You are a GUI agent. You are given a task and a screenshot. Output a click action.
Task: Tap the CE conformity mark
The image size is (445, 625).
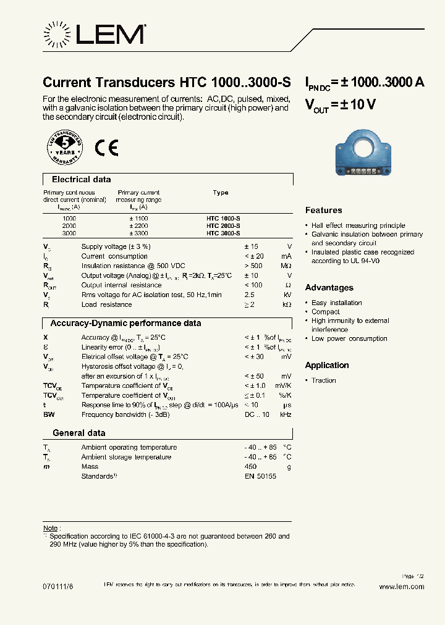(106, 148)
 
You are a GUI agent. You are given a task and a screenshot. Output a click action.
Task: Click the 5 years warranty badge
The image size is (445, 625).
(64, 149)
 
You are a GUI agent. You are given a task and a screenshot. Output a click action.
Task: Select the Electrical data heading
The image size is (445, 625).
(81, 180)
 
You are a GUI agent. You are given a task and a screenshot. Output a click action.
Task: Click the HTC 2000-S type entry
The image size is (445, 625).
(224, 226)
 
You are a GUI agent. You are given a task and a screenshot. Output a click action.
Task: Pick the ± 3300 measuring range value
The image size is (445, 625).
(138, 234)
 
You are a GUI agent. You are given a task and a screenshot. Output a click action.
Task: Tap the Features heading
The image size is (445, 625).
(323, 211)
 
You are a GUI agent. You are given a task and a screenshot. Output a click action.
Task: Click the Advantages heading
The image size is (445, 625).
(329, 288)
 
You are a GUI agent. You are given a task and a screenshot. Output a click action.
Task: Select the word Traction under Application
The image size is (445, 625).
(324, 380)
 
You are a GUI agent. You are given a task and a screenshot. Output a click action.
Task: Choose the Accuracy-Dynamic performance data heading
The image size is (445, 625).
(125, 323)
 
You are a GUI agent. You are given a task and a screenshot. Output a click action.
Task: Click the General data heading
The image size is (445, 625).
(78, 433)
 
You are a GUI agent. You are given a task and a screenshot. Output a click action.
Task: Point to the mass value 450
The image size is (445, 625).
(250, 467)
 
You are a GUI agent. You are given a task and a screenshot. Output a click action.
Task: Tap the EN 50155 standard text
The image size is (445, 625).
(260, 476)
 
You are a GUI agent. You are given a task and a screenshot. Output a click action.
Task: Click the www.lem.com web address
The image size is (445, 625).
(401, 587)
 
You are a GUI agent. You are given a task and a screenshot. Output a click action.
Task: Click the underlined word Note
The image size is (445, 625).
(50, 528)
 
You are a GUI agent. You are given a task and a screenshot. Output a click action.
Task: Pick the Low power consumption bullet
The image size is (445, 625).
(349, 338)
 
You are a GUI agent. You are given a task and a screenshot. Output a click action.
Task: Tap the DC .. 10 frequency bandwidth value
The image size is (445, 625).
(256, 414)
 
